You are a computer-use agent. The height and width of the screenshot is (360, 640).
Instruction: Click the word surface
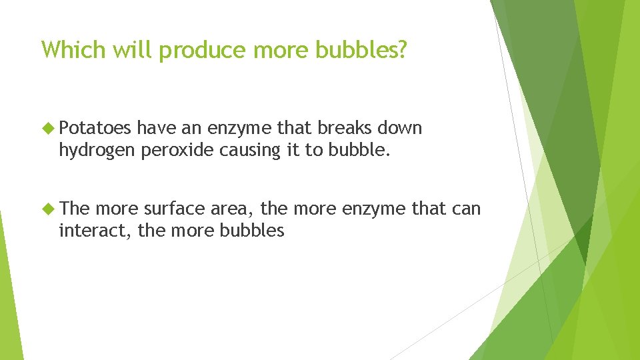pos(175,209)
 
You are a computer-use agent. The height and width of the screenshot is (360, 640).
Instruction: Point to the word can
pos(466,209)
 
